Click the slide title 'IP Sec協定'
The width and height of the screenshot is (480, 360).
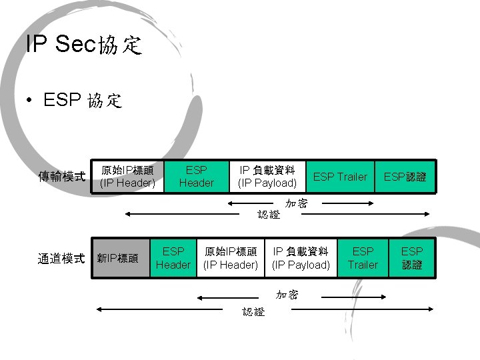pyautogui.click(x=84, y=45)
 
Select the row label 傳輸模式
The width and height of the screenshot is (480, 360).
pyautogui.click(x=62, y=177)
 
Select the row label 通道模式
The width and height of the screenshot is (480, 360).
pyautogui.click(x=62, y=258)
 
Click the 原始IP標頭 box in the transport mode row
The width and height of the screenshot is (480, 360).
pyautogui.click(x=127, y=177)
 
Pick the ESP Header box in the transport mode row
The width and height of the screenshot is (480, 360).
pyautogui.click(x=197, y=177)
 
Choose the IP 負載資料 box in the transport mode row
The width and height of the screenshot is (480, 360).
pyautogui.click(x=267, y=177)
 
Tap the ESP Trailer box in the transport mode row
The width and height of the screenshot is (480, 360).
pyautogui.click(x=340, y=177)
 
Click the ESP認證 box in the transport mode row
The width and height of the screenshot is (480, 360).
pyautogui.click(x=405, y=177)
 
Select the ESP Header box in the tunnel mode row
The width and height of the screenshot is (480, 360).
pyautogui.click(x=173, y=258)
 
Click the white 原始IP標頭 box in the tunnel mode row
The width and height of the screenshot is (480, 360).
pyautogui.click(x=231, y=258)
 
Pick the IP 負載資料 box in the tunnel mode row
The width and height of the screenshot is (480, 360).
pyautogui.click(x=301, y=258)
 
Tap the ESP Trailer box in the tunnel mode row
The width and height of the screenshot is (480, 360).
pyautogui.click(x=363, y=258)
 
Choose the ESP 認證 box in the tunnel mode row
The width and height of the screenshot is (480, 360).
pyautogui.click(x=412, y=258)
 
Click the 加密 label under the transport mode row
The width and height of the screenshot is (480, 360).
pyautogui.click(x=296, y=203)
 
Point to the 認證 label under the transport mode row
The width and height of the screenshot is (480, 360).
pyautogui.click(x=269, y=215)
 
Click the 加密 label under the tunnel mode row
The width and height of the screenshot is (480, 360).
pyautogui.click(x=287, y=295)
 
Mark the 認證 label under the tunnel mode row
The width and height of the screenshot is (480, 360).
pyautogui.click(x=253, y=311)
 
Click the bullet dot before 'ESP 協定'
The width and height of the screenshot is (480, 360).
pyautogui.click(x=28, y=101)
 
